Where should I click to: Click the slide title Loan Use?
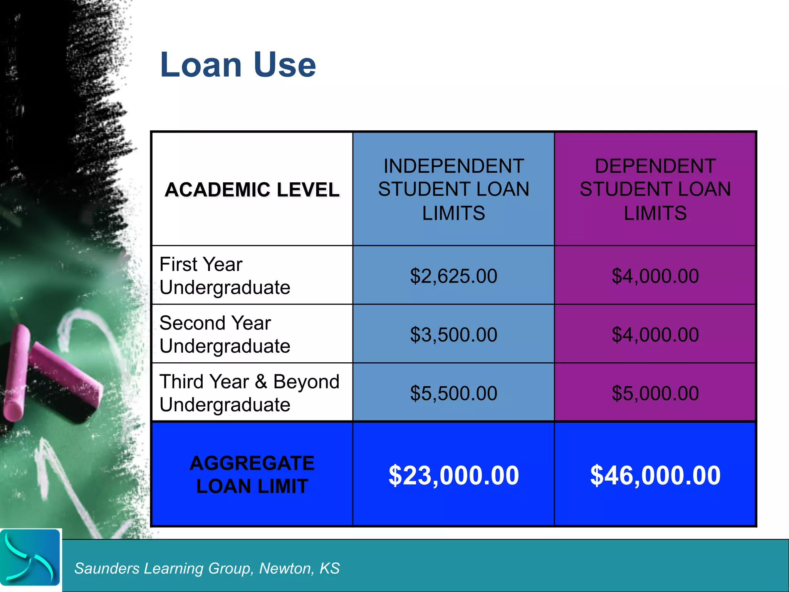(238, 65)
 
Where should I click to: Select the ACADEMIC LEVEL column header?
(252, 190)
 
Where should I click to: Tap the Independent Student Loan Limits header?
(453, 189)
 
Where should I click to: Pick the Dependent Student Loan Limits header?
(655, 189)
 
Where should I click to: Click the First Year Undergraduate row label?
(225, 276)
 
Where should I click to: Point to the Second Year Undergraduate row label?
(225, 334)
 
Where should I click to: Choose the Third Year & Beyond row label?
(249, 393)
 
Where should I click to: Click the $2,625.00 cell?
(453, 276)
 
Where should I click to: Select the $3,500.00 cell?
(453, 335)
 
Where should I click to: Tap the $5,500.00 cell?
(453, 393)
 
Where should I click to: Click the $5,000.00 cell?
(655, 393)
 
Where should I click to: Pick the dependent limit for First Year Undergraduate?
(655, 276)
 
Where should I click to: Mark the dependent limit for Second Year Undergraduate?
(655, 335)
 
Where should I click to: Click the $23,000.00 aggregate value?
(453, 475)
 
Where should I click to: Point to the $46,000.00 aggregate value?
(655, 475)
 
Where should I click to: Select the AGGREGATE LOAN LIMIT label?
(252, 474)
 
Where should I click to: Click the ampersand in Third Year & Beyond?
(261, 382)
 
